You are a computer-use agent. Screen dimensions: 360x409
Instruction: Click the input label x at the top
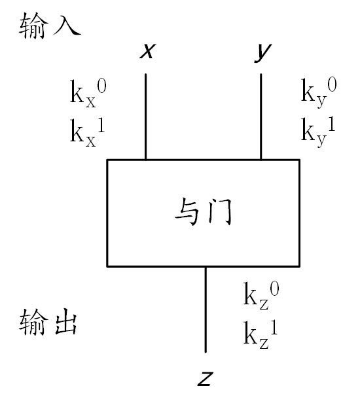click(x=148, y=50)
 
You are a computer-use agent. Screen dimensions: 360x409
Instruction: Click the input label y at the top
click(x=263, y=53)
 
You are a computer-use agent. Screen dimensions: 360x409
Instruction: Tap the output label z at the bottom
click(x=206, y=379)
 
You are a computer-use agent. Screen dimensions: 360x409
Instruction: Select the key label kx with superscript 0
click(x=88, y=94)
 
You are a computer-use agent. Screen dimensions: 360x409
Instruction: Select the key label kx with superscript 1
click(x=88, y=132)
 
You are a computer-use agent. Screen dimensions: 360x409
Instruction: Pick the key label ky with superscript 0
click(x=319, y=93)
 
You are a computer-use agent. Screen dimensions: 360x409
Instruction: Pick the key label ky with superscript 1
click(x=318, y=132)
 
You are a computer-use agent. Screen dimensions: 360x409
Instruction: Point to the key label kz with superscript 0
click(x=261, y=296)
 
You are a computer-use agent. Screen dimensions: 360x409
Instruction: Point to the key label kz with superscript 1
click(x=261, y=335)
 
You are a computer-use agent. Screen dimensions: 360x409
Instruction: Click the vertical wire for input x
click(x=145, y=116)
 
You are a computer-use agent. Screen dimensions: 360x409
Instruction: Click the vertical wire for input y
click(x=261, y=116)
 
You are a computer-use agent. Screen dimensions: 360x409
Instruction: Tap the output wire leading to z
click(x=206, y=310)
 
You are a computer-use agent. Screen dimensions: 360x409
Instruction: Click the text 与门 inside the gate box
click(x=203, y=212)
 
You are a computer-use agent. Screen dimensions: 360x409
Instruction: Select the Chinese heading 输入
click(x=50, y=26)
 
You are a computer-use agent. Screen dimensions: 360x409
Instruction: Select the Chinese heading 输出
click(x=48, y=322)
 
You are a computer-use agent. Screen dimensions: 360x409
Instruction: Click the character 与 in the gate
click(x=187, y=212)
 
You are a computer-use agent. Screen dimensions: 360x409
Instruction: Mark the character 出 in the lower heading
click(x=66, y=322)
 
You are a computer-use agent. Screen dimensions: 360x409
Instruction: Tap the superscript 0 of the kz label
click(x=274, y=289)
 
